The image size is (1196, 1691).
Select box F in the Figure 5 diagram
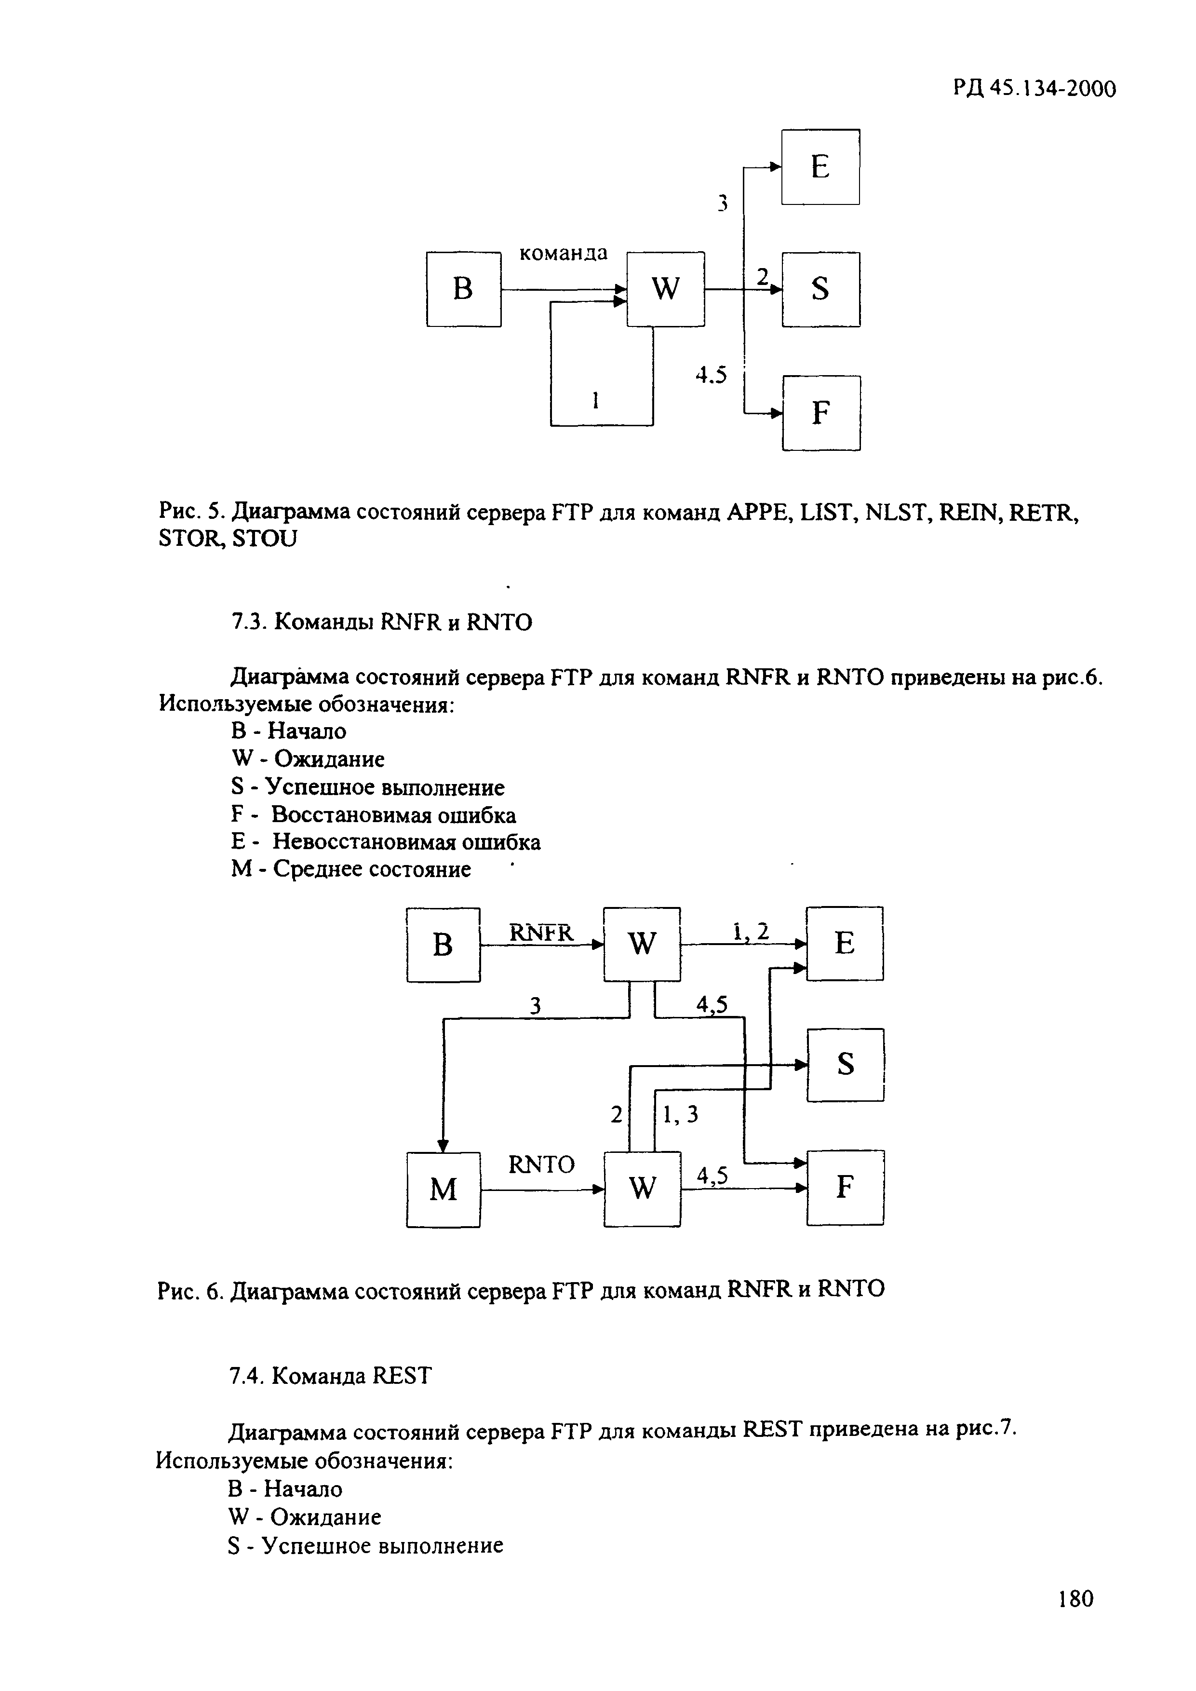click(x=821, y=413)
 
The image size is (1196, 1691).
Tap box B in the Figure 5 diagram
click(x=463, y=289)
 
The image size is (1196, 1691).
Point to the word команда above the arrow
click(x=564, y=253)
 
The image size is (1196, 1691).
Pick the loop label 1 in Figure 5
click(x=595, y=401)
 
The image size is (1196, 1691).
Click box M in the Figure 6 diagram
click(x=443, y=1190)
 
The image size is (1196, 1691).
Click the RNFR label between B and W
click(x=541, y=933)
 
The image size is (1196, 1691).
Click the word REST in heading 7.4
click(x=402, y=1376)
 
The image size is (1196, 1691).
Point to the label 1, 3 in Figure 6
click(x=681, y=1116)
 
